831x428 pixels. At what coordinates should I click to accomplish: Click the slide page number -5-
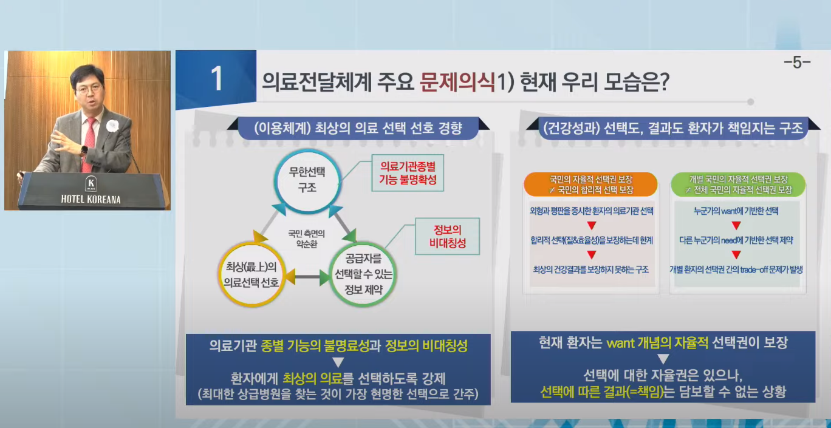[797, 63]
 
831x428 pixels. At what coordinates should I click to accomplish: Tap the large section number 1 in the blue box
[216, 80]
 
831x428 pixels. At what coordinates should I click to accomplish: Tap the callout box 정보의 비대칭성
[447, 237]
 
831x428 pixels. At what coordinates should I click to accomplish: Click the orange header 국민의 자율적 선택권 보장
[590, 185]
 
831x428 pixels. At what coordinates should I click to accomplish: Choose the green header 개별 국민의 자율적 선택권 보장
[738, 185]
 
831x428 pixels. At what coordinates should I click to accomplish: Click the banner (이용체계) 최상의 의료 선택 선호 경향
[358, 128]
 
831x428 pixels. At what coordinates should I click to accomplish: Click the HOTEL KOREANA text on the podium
[91, 199]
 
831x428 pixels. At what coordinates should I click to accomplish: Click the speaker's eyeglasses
[89, 88]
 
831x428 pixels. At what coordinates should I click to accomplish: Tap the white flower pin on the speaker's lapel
[112, 126]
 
